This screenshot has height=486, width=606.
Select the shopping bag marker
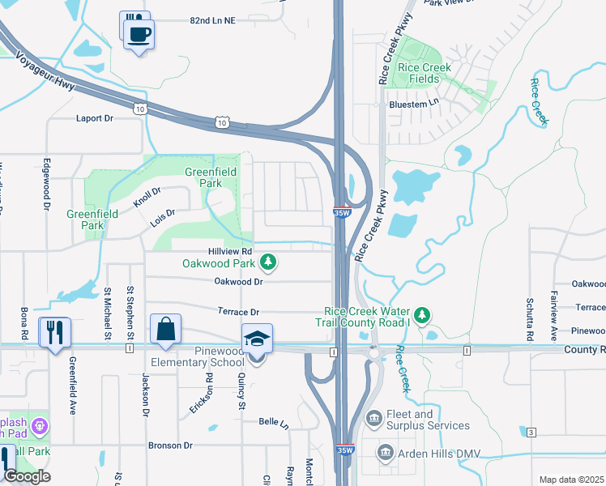click(165, 330)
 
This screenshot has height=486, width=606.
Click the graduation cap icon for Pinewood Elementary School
click(257, 339)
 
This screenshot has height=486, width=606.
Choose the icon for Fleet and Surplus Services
click(373, 419)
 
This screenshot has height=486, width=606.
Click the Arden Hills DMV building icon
click(386, 451)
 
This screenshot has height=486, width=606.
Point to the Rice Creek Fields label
click(419, 74)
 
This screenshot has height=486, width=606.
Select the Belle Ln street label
click(274, 421)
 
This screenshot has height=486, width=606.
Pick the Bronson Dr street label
click(170, 446)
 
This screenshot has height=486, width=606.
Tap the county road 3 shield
click(531, 432)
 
